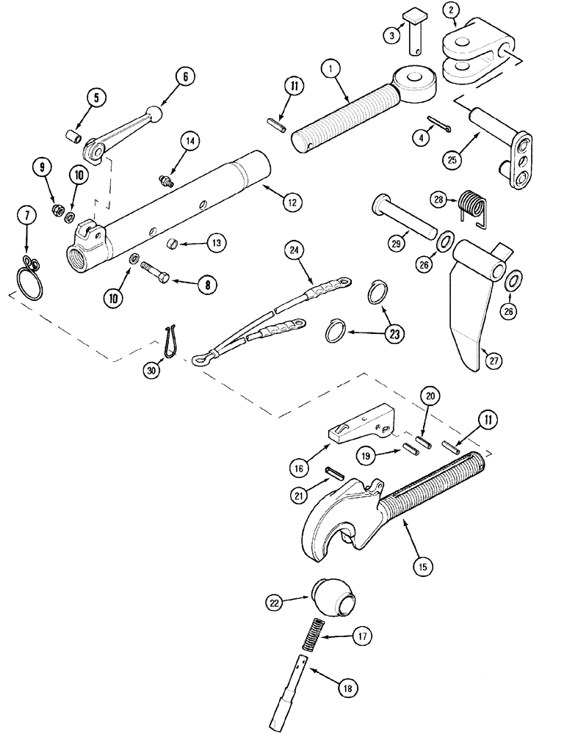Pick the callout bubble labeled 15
coord(423,567)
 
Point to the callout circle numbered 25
coord(452,157)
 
